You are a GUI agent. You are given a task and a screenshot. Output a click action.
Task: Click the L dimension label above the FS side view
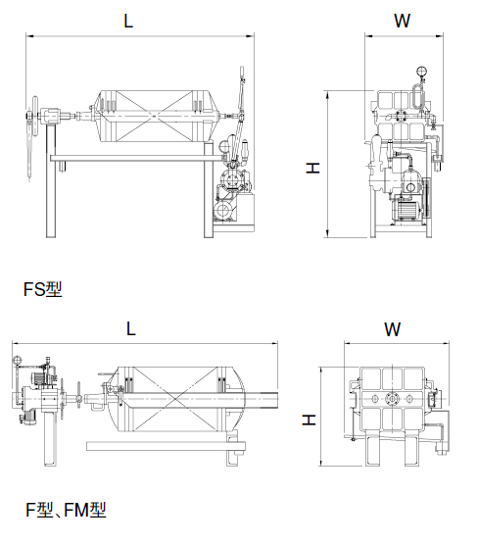128,21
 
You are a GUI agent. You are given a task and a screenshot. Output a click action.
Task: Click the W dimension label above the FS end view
403,21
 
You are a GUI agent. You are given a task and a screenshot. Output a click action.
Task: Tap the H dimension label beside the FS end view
312,169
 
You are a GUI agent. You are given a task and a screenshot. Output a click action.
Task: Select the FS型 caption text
43,288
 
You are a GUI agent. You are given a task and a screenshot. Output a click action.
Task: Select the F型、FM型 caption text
66,510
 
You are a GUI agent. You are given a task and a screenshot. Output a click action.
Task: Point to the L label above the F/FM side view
130,328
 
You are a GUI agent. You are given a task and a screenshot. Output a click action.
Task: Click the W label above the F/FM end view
393,329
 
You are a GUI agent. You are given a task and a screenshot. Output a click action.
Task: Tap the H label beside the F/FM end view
309,420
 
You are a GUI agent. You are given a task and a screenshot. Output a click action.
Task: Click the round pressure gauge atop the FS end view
421,72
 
